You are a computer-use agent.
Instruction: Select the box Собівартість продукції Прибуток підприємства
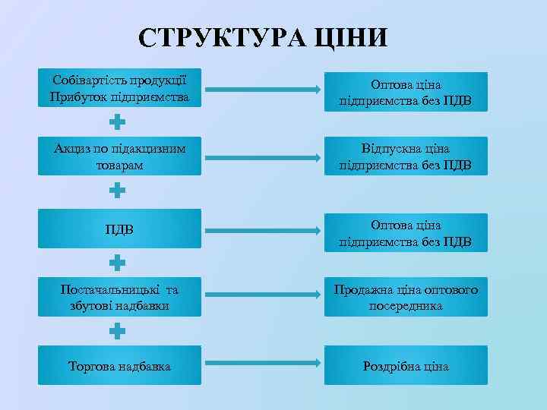pyautogui.click(x=120, y=89)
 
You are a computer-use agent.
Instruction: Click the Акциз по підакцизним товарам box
pyautogui.click(x=120, y=156)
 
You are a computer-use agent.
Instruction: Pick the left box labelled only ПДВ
pyautogui.click(x=120, y=229)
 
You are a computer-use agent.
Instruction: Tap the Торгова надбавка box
pyautogui.click(x=120, y=366)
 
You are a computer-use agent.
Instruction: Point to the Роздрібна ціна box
pyautogui.click(x=406, y=366)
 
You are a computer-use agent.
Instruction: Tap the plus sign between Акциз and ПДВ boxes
pyautogui.click(x=117, y=191)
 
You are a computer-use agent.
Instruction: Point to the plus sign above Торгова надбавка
pyautogui.click(x=117, y=332)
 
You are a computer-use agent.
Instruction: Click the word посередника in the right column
pyautogui.click(x=406, y=306)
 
